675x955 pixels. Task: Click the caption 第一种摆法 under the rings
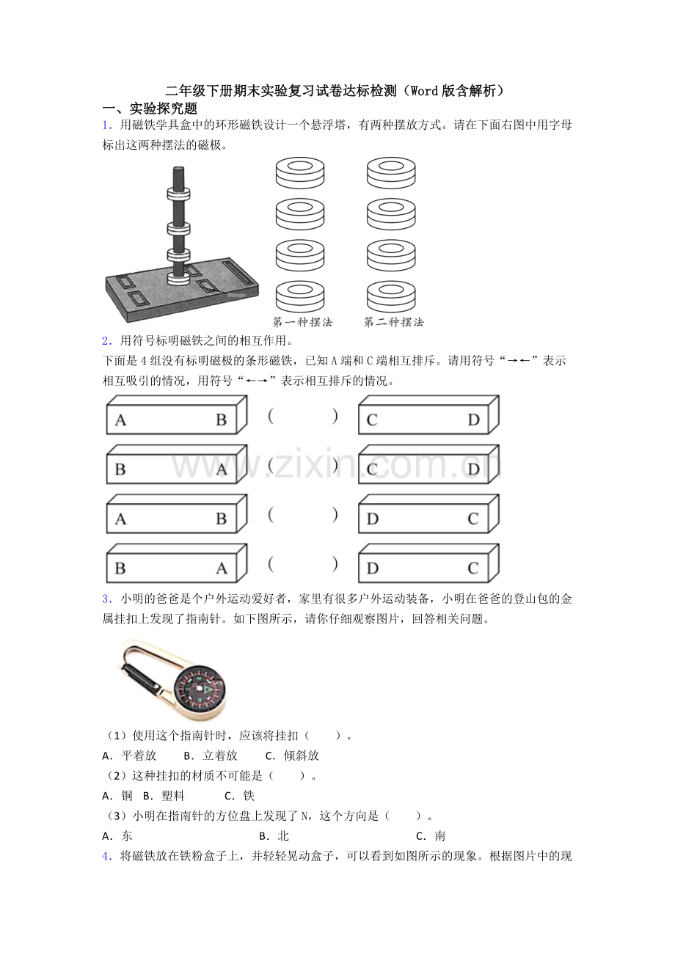pos(302,322)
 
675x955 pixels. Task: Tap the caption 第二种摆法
pos(393,322)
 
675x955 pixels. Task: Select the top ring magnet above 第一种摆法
pos(300,172)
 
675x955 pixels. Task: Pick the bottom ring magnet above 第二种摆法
pos(391,296)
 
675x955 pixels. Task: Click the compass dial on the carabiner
pos(200,689)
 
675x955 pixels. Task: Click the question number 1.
pos(107,125)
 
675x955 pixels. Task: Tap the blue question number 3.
pos(107,599)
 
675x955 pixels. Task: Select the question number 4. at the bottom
pos(107,856)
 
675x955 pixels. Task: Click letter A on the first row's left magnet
pos(120,420)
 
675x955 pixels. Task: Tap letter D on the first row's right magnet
pos(473,420)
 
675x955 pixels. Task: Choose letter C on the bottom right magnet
pos(473,568)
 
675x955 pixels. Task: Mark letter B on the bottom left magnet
pos(120,568)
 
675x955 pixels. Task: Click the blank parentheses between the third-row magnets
pos(303,515)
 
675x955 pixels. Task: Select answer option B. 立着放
pos(211,755)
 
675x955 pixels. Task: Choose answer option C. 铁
pos(239,796)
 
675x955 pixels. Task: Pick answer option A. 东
pos(117,835)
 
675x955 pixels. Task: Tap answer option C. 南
pos(431,835)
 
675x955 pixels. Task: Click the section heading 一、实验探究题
pos(150,109)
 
